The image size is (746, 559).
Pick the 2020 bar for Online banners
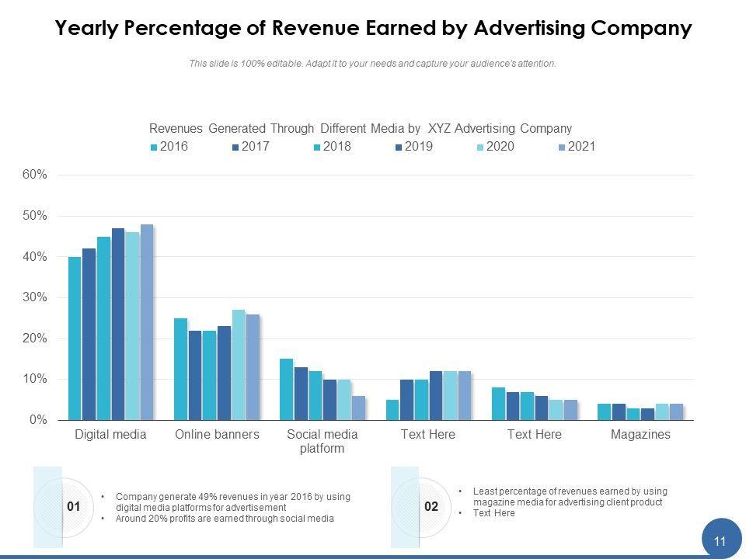(239, 365)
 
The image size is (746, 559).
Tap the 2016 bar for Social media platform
(286, 389)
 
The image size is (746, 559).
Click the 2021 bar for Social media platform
(358, 408)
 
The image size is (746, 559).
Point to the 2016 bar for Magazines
(604, 411)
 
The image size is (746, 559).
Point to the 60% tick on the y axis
(35, 175)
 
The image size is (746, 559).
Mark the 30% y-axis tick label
(35, 297)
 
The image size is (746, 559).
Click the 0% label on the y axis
(38, 420)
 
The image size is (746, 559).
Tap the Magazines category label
(640, 435)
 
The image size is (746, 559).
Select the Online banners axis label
(217, 435)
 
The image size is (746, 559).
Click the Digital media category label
(110, 435)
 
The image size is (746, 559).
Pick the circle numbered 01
(75, 507)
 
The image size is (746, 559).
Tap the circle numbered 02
(431, 507)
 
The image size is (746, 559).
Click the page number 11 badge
(720, 541)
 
